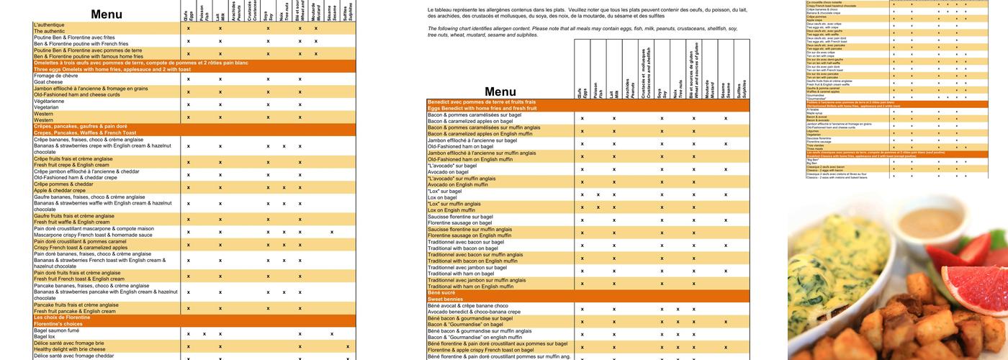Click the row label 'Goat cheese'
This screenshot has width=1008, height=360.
pos(50,82)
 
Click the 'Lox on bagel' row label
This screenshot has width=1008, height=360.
pos(442,197)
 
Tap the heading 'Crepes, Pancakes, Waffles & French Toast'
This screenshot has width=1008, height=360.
pos(84,133)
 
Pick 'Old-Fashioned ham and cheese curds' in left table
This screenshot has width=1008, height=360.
pos(77,94)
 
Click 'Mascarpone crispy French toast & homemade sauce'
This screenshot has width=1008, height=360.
pos(93,235)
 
